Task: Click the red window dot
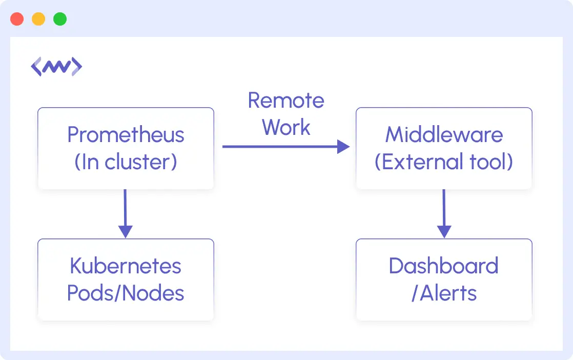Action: point(17,19)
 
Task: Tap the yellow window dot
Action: point(38,19)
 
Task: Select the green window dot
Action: point(60,19)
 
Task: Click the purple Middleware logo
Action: point(56,67)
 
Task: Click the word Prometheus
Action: point(126,135)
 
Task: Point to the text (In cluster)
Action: point(126,162)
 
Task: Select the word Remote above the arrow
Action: point(286,101)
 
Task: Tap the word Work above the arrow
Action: point(286,127)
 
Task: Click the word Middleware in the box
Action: point(444,135)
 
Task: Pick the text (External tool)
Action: point(444,162)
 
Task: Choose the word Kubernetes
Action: point(126,266)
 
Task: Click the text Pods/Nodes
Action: point(126,293)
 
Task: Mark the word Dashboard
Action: point(444,266)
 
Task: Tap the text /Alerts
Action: point(444,293)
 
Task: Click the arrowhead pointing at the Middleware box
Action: point(343,147)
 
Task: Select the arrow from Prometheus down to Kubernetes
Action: point(125,210)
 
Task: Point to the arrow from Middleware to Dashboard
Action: point(444,210)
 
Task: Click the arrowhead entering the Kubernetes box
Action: point(125,232)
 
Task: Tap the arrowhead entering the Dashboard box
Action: point(444,232)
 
